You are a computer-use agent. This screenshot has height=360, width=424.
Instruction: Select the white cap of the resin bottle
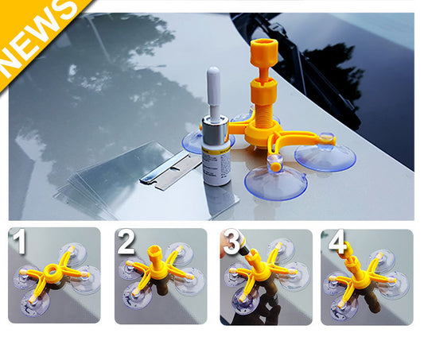[213, 87]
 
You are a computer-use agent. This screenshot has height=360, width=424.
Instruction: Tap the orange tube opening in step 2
[154, 255]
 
